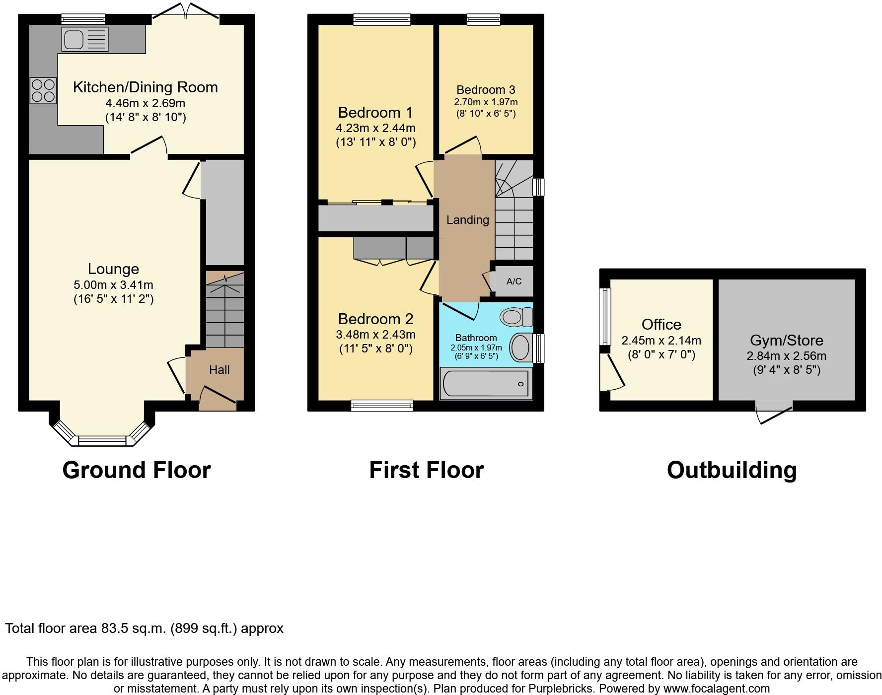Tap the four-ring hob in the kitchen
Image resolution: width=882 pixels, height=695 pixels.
tap(43, 91)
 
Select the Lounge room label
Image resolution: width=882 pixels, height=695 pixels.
tap(113, 269)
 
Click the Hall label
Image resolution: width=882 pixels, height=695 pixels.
tap(219, 370)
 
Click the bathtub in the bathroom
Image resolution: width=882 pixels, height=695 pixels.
tap(486, 384)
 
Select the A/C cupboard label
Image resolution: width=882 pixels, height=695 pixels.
tap(514, 281)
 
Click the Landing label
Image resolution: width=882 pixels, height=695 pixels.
tap(467, 220)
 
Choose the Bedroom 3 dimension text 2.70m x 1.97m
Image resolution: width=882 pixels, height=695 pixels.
tap(486, 102)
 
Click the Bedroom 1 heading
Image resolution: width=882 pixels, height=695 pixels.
tap(375, 112)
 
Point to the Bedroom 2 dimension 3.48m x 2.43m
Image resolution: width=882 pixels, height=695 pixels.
tap(375, 335)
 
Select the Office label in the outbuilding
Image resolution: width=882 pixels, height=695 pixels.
tap(661, 325)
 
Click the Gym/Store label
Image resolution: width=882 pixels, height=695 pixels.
tap(786, 341)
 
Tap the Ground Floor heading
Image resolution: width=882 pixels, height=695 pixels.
tap(137, 470)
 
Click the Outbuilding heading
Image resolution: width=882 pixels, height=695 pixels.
tap(732, 470)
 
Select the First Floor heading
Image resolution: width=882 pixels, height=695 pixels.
tap(426, 470)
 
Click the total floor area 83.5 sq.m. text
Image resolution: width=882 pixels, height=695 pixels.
tap(144, 628)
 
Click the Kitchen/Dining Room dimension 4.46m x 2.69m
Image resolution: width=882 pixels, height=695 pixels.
tap(145, 103)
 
